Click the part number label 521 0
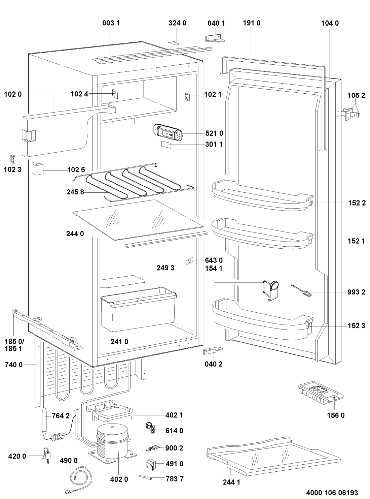214,133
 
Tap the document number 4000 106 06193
331,492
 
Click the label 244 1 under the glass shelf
231,482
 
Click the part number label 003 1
111,23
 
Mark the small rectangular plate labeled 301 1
166,145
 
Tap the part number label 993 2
357,292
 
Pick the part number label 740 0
13,365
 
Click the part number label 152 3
357,326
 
